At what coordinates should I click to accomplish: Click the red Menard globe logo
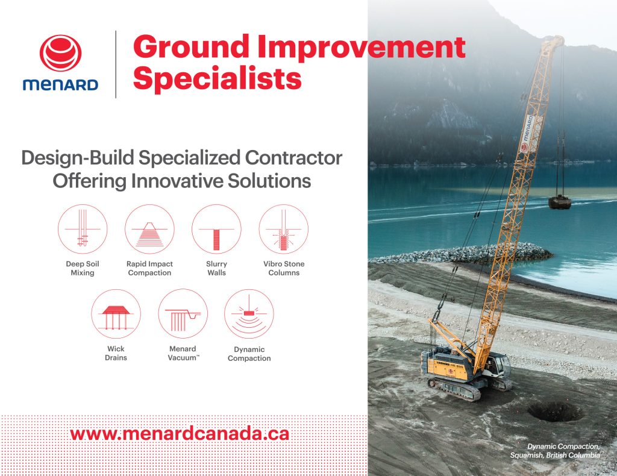pos(61,54)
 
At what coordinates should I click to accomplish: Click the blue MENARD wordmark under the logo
pos(61,84)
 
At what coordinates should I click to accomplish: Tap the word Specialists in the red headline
pos(217,78)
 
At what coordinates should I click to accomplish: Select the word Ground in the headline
pos(191,47)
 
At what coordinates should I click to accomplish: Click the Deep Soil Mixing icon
pos(83,229)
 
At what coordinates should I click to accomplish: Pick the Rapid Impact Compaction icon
pos(149,229)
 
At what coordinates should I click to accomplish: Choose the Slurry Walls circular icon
pos(216,229)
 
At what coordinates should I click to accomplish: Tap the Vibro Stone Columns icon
pos(284,229)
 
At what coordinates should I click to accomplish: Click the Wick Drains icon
pos(116,314)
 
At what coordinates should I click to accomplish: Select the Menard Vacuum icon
pos(183,314)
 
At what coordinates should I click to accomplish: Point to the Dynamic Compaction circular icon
pos(249,314)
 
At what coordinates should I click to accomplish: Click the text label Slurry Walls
pos(216,268)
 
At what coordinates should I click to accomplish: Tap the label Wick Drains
pos(116,353)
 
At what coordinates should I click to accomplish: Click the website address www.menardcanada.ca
pos(180,434)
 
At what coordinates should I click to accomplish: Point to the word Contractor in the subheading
pos(293,158)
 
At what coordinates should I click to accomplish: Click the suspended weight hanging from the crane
pos(560,202)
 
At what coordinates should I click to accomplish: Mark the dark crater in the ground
pos(555,412)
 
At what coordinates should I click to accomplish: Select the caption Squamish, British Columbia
pos(555,455)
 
